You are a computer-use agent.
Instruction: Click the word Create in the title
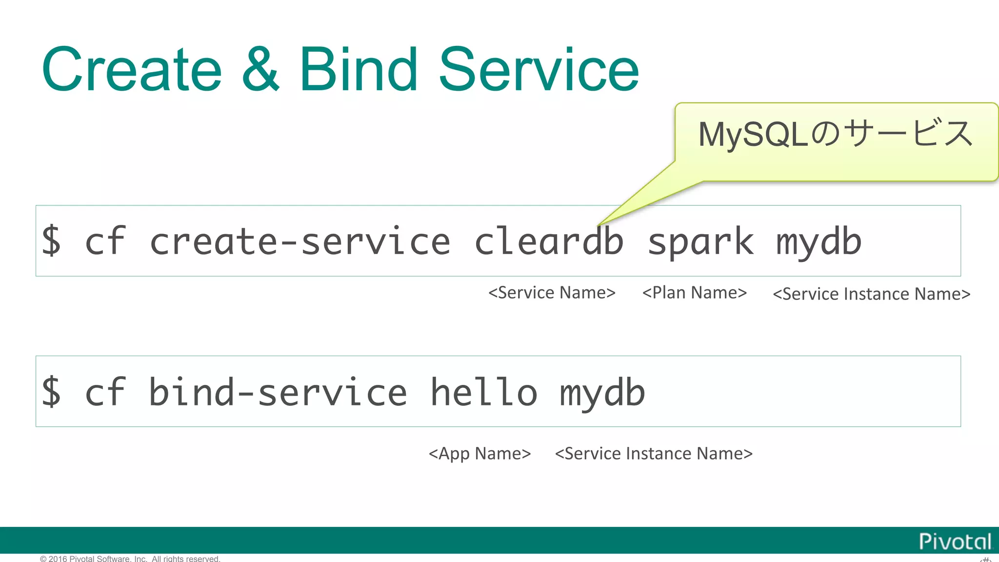click(x=132, y=70)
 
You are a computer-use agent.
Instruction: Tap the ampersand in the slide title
click(x=261, y=70)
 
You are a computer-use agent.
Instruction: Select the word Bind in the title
click(x=359, y=70)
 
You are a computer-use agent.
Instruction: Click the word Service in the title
click(x=539, y=70)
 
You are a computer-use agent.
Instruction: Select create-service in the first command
click(x=300, y=241)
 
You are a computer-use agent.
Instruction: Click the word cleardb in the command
click(x=549, y=241)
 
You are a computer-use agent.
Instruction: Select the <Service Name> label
click(x=552, y=293)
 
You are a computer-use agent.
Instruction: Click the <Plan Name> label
click(x=695, y=293)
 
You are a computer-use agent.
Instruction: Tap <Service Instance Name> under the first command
click(x=872, y=294)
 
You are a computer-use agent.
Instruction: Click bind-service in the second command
click(x=278, y=392)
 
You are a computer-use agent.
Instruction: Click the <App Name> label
click(x=480, y=454)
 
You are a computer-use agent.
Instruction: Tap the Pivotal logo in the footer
click(x=955, y=542)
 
